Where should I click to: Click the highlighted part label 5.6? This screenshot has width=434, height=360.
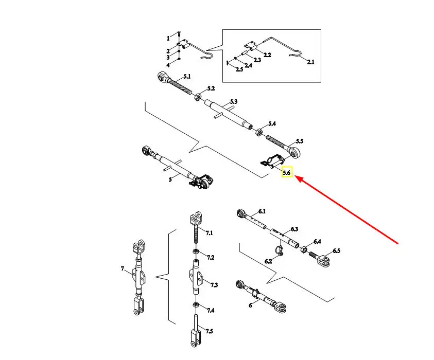tap(287, 173)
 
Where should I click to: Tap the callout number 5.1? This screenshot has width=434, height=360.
tap(186, 77)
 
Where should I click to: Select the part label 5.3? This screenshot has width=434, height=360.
tap(233, 102)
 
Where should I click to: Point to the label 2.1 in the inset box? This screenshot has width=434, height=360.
tap(310, 62)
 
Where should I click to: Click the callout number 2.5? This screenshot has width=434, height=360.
tap(239, 69)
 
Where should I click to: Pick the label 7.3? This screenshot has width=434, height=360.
tap(213, 284)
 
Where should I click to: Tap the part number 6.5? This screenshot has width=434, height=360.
tap(336, 251)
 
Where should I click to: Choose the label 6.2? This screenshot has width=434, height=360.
tap(268, 262)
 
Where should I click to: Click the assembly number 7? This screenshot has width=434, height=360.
tap(123, 269)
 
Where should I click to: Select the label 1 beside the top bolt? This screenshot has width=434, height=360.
tap(167, 39)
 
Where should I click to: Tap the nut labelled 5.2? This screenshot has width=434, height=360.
tap(198, 96)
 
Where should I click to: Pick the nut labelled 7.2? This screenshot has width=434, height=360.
tap(196, 252)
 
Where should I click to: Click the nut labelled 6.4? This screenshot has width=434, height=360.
tap(304, 250)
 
